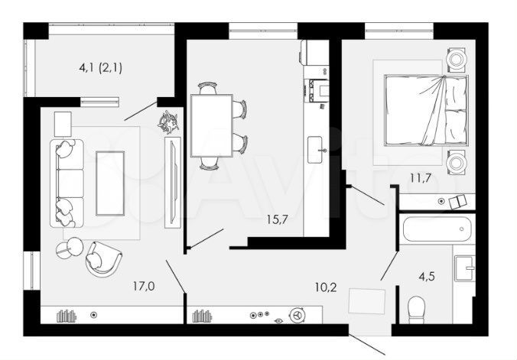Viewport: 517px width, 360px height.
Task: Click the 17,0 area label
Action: point(144,287)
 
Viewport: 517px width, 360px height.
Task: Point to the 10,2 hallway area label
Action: point(325,288)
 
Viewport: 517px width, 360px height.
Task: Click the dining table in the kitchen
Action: point(211,125)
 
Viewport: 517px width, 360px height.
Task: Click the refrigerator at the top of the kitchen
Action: point(314,52)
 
